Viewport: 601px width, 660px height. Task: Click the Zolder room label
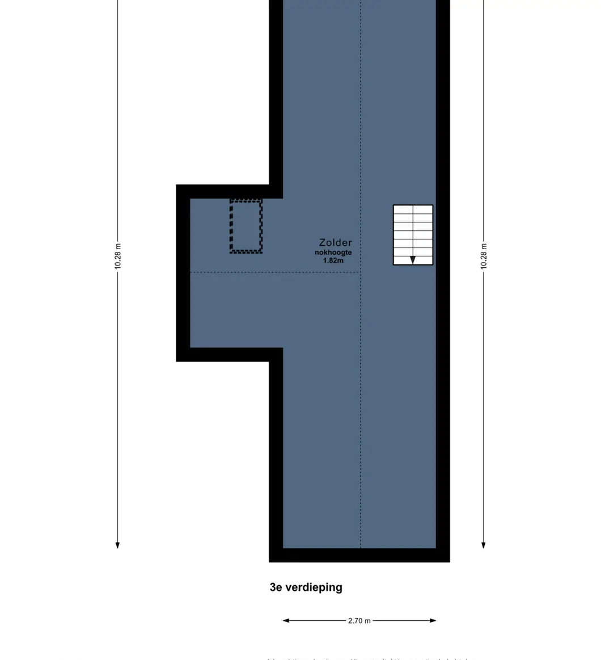coord(335,243)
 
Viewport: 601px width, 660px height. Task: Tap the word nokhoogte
coord(333,253)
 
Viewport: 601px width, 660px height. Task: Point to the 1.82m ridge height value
coord(333,261)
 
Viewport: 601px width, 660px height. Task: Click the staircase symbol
coord(413,235)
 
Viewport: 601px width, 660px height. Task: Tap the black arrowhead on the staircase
coord(413,260)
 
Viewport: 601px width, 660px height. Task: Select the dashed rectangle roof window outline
coord(246,226)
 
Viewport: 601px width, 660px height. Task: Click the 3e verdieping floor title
coord(306,587)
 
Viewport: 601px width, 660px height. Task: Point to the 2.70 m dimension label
coord(359,621)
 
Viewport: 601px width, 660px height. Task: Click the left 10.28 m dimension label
coord(118,256)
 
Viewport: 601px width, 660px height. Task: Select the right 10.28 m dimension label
coord(484,256)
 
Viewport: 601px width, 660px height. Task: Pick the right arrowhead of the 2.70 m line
coord(433,621)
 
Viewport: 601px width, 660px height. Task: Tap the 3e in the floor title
coord(276,587)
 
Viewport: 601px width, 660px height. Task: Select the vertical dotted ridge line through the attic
coord(361,397)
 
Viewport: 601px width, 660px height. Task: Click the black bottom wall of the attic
coord(359,555)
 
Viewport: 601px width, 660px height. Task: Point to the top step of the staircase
coord(413,209)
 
